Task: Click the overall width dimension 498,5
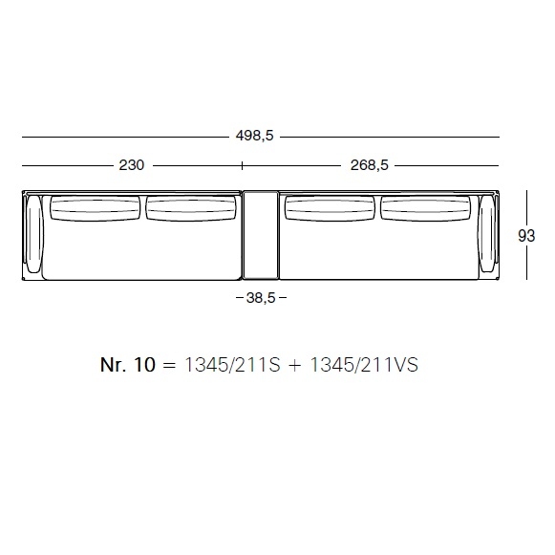point(255,136)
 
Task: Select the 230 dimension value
point(131,165)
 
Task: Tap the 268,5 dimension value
point(369,165)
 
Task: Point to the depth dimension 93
point(526,236)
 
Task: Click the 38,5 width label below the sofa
point(261,298)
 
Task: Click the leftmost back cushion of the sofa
point(96,208)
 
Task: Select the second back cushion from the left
point(191,208)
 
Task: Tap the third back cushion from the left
point(330,208)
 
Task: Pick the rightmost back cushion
point(425,208)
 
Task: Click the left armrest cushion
point(34,234)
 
